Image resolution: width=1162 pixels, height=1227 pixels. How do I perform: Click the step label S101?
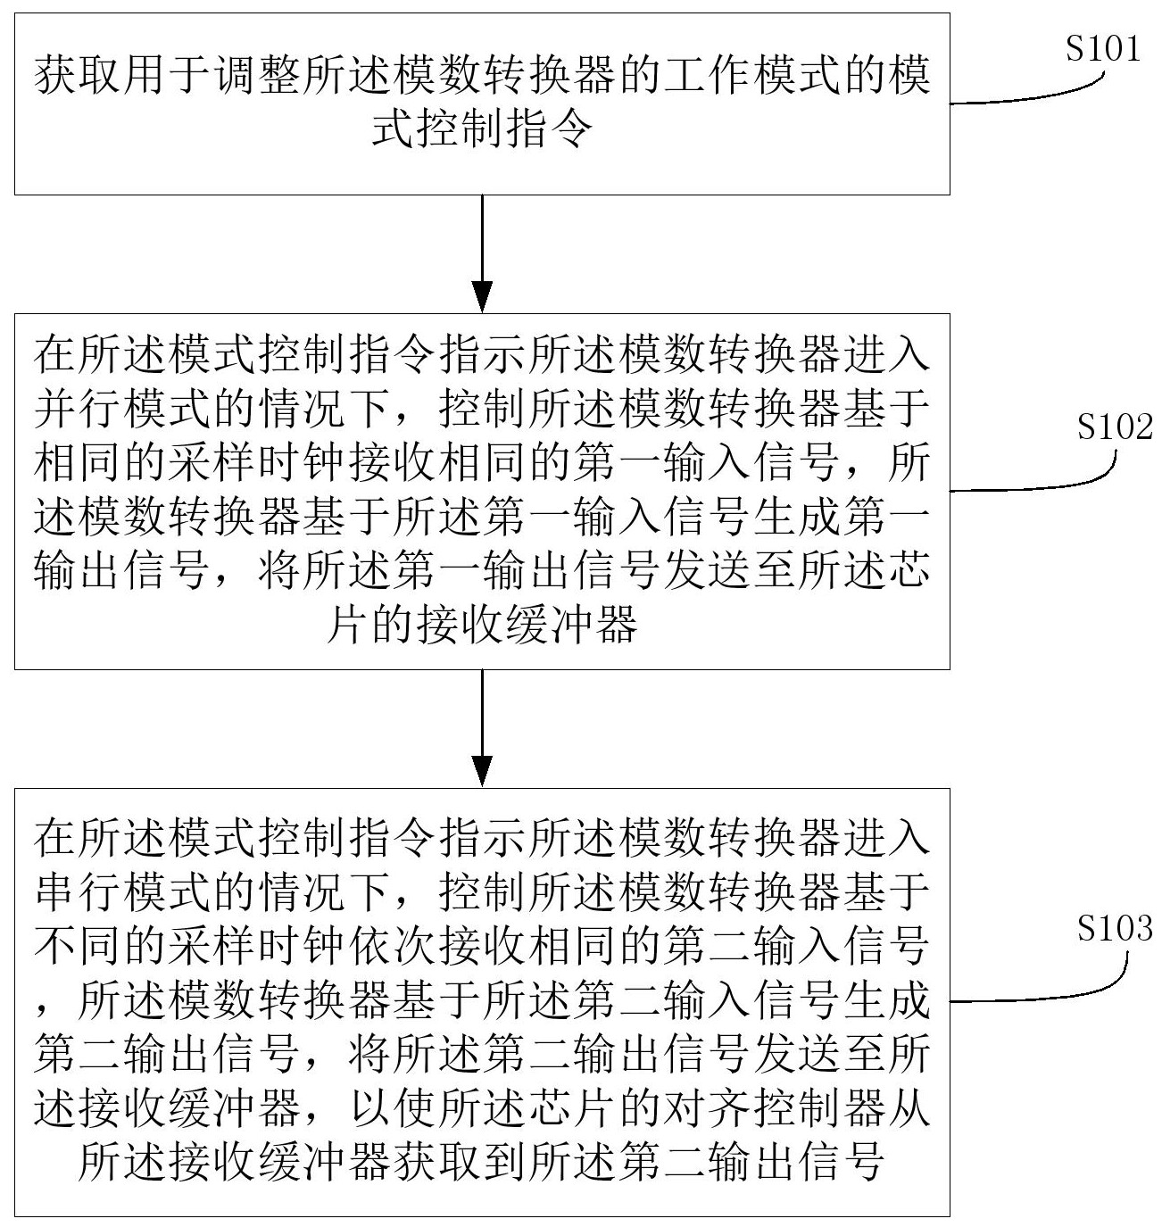point(1102,48)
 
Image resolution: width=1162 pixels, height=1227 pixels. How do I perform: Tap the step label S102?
point(1115,427)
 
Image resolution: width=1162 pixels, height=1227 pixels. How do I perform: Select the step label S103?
point(1115,928)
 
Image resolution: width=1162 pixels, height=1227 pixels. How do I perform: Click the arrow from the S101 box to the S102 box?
point(482,253)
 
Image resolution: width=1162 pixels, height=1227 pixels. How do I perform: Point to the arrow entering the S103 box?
point(482,727)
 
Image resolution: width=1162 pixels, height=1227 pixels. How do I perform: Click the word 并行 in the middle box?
point(78,409)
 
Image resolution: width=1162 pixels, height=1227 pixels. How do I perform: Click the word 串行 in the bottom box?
point(78,892)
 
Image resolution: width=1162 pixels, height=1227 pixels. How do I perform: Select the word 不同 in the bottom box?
point(78,946)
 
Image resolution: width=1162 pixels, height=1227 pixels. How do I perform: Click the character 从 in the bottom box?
point(909,1107)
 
